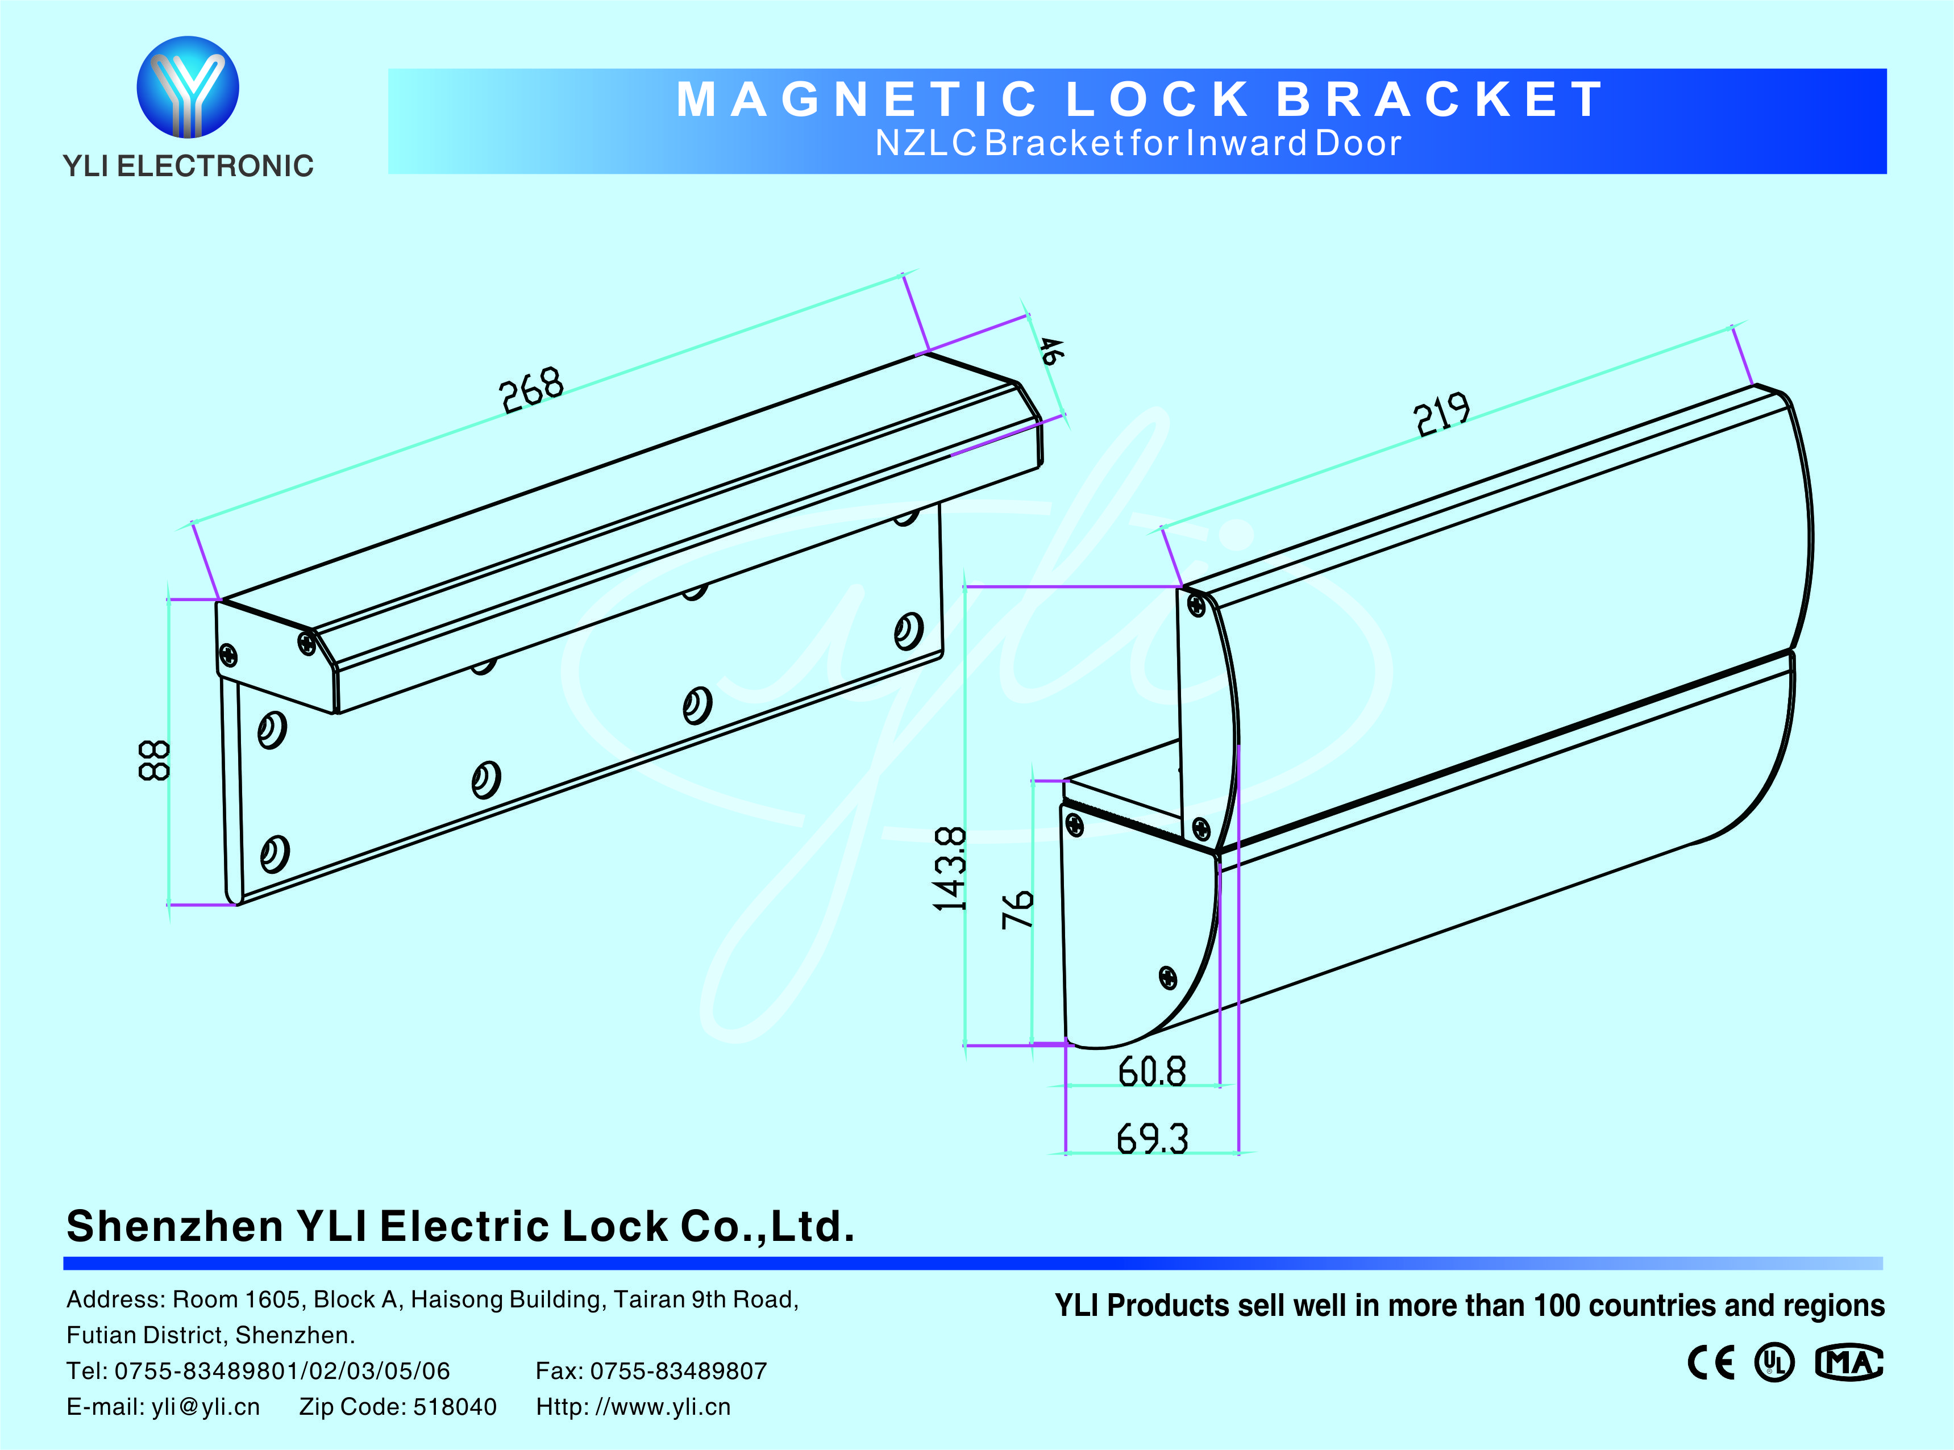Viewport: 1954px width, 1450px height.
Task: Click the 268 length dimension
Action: (x=531, y=390)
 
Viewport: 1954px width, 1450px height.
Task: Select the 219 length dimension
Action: (x=1441, y=414)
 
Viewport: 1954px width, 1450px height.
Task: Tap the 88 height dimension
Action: (x=155, y=760)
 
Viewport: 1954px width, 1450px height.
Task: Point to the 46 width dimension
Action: (x=1050, y=351)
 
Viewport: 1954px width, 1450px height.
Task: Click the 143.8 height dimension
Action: (x=950, y=869)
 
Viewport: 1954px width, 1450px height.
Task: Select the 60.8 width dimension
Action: (x=1151, y=1072)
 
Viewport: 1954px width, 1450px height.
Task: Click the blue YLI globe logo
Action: (x=188, y=87)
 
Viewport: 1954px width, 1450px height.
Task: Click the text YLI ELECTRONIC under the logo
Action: (x=188, y=166)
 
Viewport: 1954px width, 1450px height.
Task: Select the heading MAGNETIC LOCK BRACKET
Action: (x=1140, y=99)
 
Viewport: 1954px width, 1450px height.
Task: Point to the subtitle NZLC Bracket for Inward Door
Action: (x=1138, y=143)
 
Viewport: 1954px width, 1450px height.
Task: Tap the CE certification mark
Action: (x=1711, y=1363)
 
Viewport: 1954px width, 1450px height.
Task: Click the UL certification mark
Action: (x=1774, y=1363)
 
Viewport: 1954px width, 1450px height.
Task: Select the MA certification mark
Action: (x=1849, y=1363)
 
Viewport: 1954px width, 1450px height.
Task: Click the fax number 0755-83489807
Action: (x=679, y=1371)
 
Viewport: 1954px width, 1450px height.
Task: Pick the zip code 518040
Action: (x=455, y=1407)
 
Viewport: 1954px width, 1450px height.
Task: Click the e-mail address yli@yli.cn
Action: (x=205, y=1407)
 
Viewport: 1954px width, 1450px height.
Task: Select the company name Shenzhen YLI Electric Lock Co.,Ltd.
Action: (x=461, y=1226)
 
